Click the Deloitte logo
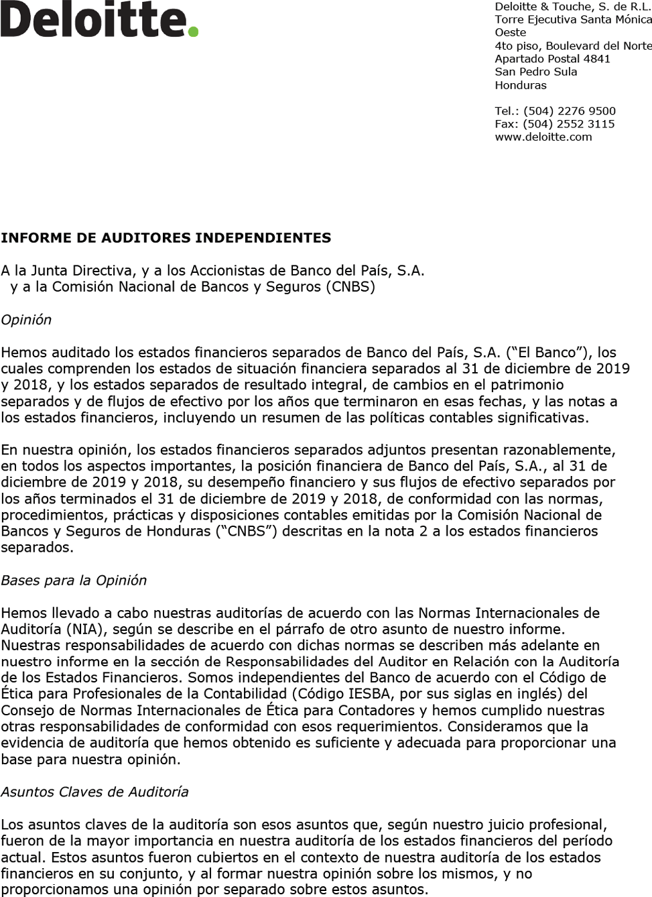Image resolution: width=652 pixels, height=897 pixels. tap(99, 19)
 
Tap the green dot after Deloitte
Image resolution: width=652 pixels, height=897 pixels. tap(193, 31)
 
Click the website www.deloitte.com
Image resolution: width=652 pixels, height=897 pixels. tap(543, 137)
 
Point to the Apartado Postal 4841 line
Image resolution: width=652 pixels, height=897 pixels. tap(552, 58)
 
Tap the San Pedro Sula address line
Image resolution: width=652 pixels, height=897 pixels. tap(535, 72)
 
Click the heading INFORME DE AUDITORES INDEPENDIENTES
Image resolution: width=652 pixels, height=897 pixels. tap(166, 238)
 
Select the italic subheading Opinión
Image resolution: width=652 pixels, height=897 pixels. tap(26, 320)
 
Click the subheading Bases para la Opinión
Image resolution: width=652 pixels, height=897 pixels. tap(74, 581)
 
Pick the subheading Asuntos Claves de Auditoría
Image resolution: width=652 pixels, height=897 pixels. tap(94, 792)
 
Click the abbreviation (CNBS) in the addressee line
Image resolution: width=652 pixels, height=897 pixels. tap(350, 287)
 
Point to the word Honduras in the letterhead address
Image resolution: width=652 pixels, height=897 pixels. tap(520, 85)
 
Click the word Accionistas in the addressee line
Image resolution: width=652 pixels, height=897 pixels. tap(227, 271)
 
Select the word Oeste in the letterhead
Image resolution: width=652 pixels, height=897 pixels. tap(510, 32)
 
